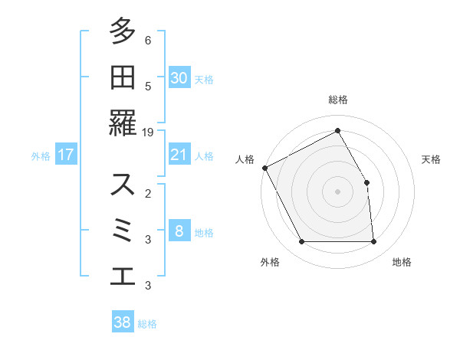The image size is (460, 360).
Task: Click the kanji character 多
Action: [x=123, y=33]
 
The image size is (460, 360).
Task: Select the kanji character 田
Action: [x=123, y=77]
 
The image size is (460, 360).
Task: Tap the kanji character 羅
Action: [x=123, y=123]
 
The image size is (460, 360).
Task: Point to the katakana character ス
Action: [x=123, y=185]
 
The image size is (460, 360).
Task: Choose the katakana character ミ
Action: [x=123, y=230]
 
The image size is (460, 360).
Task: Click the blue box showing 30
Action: [x=179, y=78]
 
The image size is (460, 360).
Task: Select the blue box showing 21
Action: [x=179, y=155]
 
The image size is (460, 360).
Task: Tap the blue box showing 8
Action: [x=179, y=231]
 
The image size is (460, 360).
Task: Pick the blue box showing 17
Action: [x=66, y=155]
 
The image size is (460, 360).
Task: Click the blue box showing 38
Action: [x=123, y=322]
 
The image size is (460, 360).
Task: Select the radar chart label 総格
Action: [x=338, y=100]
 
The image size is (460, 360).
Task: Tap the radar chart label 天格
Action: [x=431, y=159]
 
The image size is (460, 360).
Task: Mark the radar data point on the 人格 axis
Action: [x=264, y=168]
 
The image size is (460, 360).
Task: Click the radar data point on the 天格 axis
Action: [x=367, y=182]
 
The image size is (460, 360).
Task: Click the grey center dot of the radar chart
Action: [x=338, y=191]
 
